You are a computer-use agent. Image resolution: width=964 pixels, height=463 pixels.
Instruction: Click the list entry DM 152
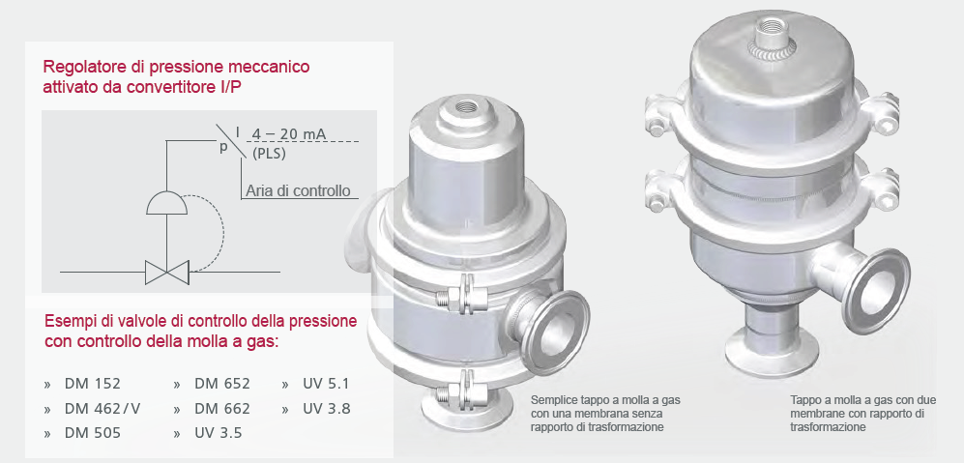point(92,385)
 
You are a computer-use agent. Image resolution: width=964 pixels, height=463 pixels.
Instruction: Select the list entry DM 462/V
point(102,409)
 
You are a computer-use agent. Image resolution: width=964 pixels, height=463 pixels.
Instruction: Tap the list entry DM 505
point(92,433)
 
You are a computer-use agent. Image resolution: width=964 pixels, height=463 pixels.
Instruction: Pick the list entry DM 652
point(222,385)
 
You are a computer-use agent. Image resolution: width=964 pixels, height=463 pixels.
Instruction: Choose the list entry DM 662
point(222,409)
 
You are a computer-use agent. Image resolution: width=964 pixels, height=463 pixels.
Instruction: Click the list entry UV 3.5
point(219,433)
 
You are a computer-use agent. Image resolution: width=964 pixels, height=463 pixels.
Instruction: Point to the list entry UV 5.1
point(326,385)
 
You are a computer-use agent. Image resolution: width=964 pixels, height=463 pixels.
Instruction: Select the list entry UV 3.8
point(326,409)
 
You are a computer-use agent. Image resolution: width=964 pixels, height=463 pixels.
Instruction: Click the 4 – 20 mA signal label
point(289,133)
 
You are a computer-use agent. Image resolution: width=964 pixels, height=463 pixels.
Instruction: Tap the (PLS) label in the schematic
point(269,154)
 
